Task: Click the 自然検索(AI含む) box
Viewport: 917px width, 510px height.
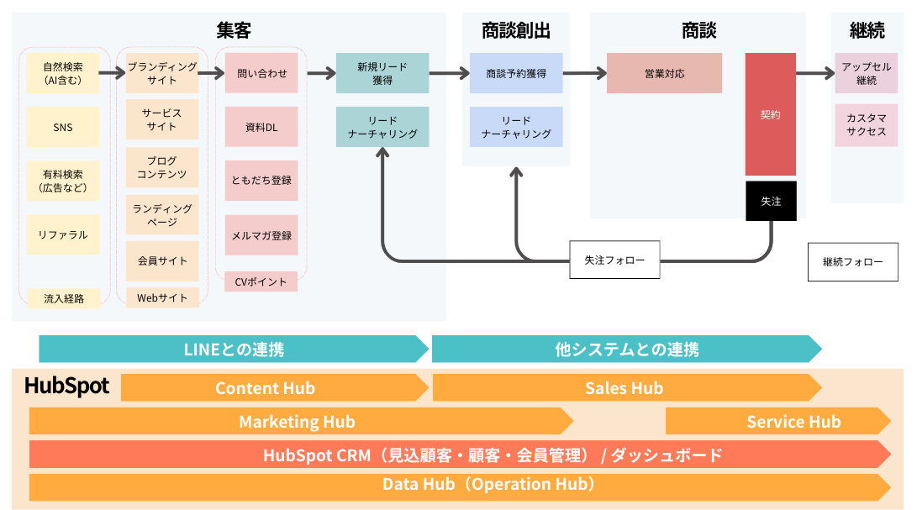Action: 62,73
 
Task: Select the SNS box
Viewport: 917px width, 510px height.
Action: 62,127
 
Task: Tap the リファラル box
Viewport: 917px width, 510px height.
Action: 62,234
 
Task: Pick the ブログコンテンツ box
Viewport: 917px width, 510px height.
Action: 162,167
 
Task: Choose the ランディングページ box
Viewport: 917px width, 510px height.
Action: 162,215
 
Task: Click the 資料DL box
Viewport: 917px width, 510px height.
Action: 261,127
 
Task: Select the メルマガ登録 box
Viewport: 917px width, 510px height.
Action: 261,234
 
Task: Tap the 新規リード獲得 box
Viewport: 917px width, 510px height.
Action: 382,73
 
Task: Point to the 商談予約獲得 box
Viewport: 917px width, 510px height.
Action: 515,73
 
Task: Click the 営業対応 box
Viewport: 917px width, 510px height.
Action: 664,73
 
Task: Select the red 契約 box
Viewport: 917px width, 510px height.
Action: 770,114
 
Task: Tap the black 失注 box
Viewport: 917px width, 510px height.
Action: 770,201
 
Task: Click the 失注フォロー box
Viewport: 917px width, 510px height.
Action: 614,260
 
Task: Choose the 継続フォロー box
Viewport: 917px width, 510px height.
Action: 852,262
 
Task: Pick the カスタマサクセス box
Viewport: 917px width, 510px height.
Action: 866,125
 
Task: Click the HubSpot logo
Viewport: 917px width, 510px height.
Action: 67,386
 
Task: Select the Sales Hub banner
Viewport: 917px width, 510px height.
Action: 625,387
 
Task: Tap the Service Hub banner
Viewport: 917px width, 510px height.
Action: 777,421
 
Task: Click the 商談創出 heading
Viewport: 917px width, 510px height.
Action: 516,32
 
